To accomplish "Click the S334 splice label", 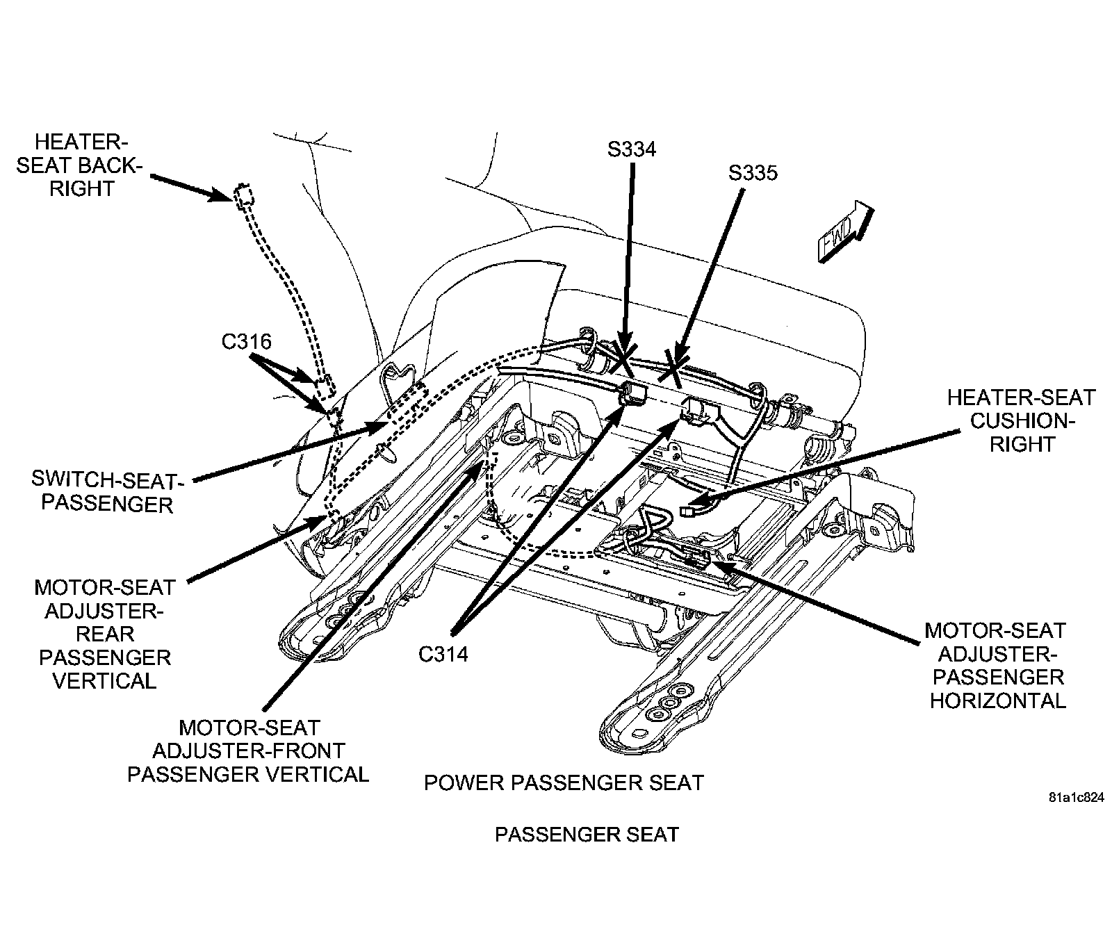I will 631,149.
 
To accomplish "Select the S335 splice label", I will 753,172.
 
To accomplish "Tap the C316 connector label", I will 246,341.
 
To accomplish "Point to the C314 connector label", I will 443,654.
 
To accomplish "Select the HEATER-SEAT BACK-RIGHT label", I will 82,165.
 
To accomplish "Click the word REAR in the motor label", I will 105,634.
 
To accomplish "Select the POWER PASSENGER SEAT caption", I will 564,782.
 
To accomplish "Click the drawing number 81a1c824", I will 1076,798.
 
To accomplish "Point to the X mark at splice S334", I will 622,361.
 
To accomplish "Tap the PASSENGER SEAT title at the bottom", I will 586,834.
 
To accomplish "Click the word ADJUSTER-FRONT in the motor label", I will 248,750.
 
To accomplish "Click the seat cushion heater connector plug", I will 689,511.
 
